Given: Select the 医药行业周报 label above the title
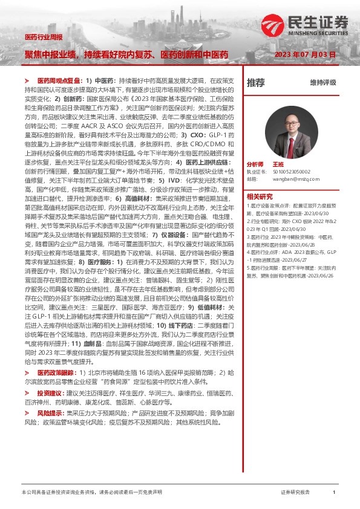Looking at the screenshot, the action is tap(44, 37).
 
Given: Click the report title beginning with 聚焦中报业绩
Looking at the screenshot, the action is tap(126, 55).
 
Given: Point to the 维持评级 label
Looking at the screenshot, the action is tap(322, 82).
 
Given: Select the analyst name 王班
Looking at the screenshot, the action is tap(278, 164).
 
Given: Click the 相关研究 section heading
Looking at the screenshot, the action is tap(261, 196).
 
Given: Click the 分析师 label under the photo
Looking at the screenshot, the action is tap(255, 164).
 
